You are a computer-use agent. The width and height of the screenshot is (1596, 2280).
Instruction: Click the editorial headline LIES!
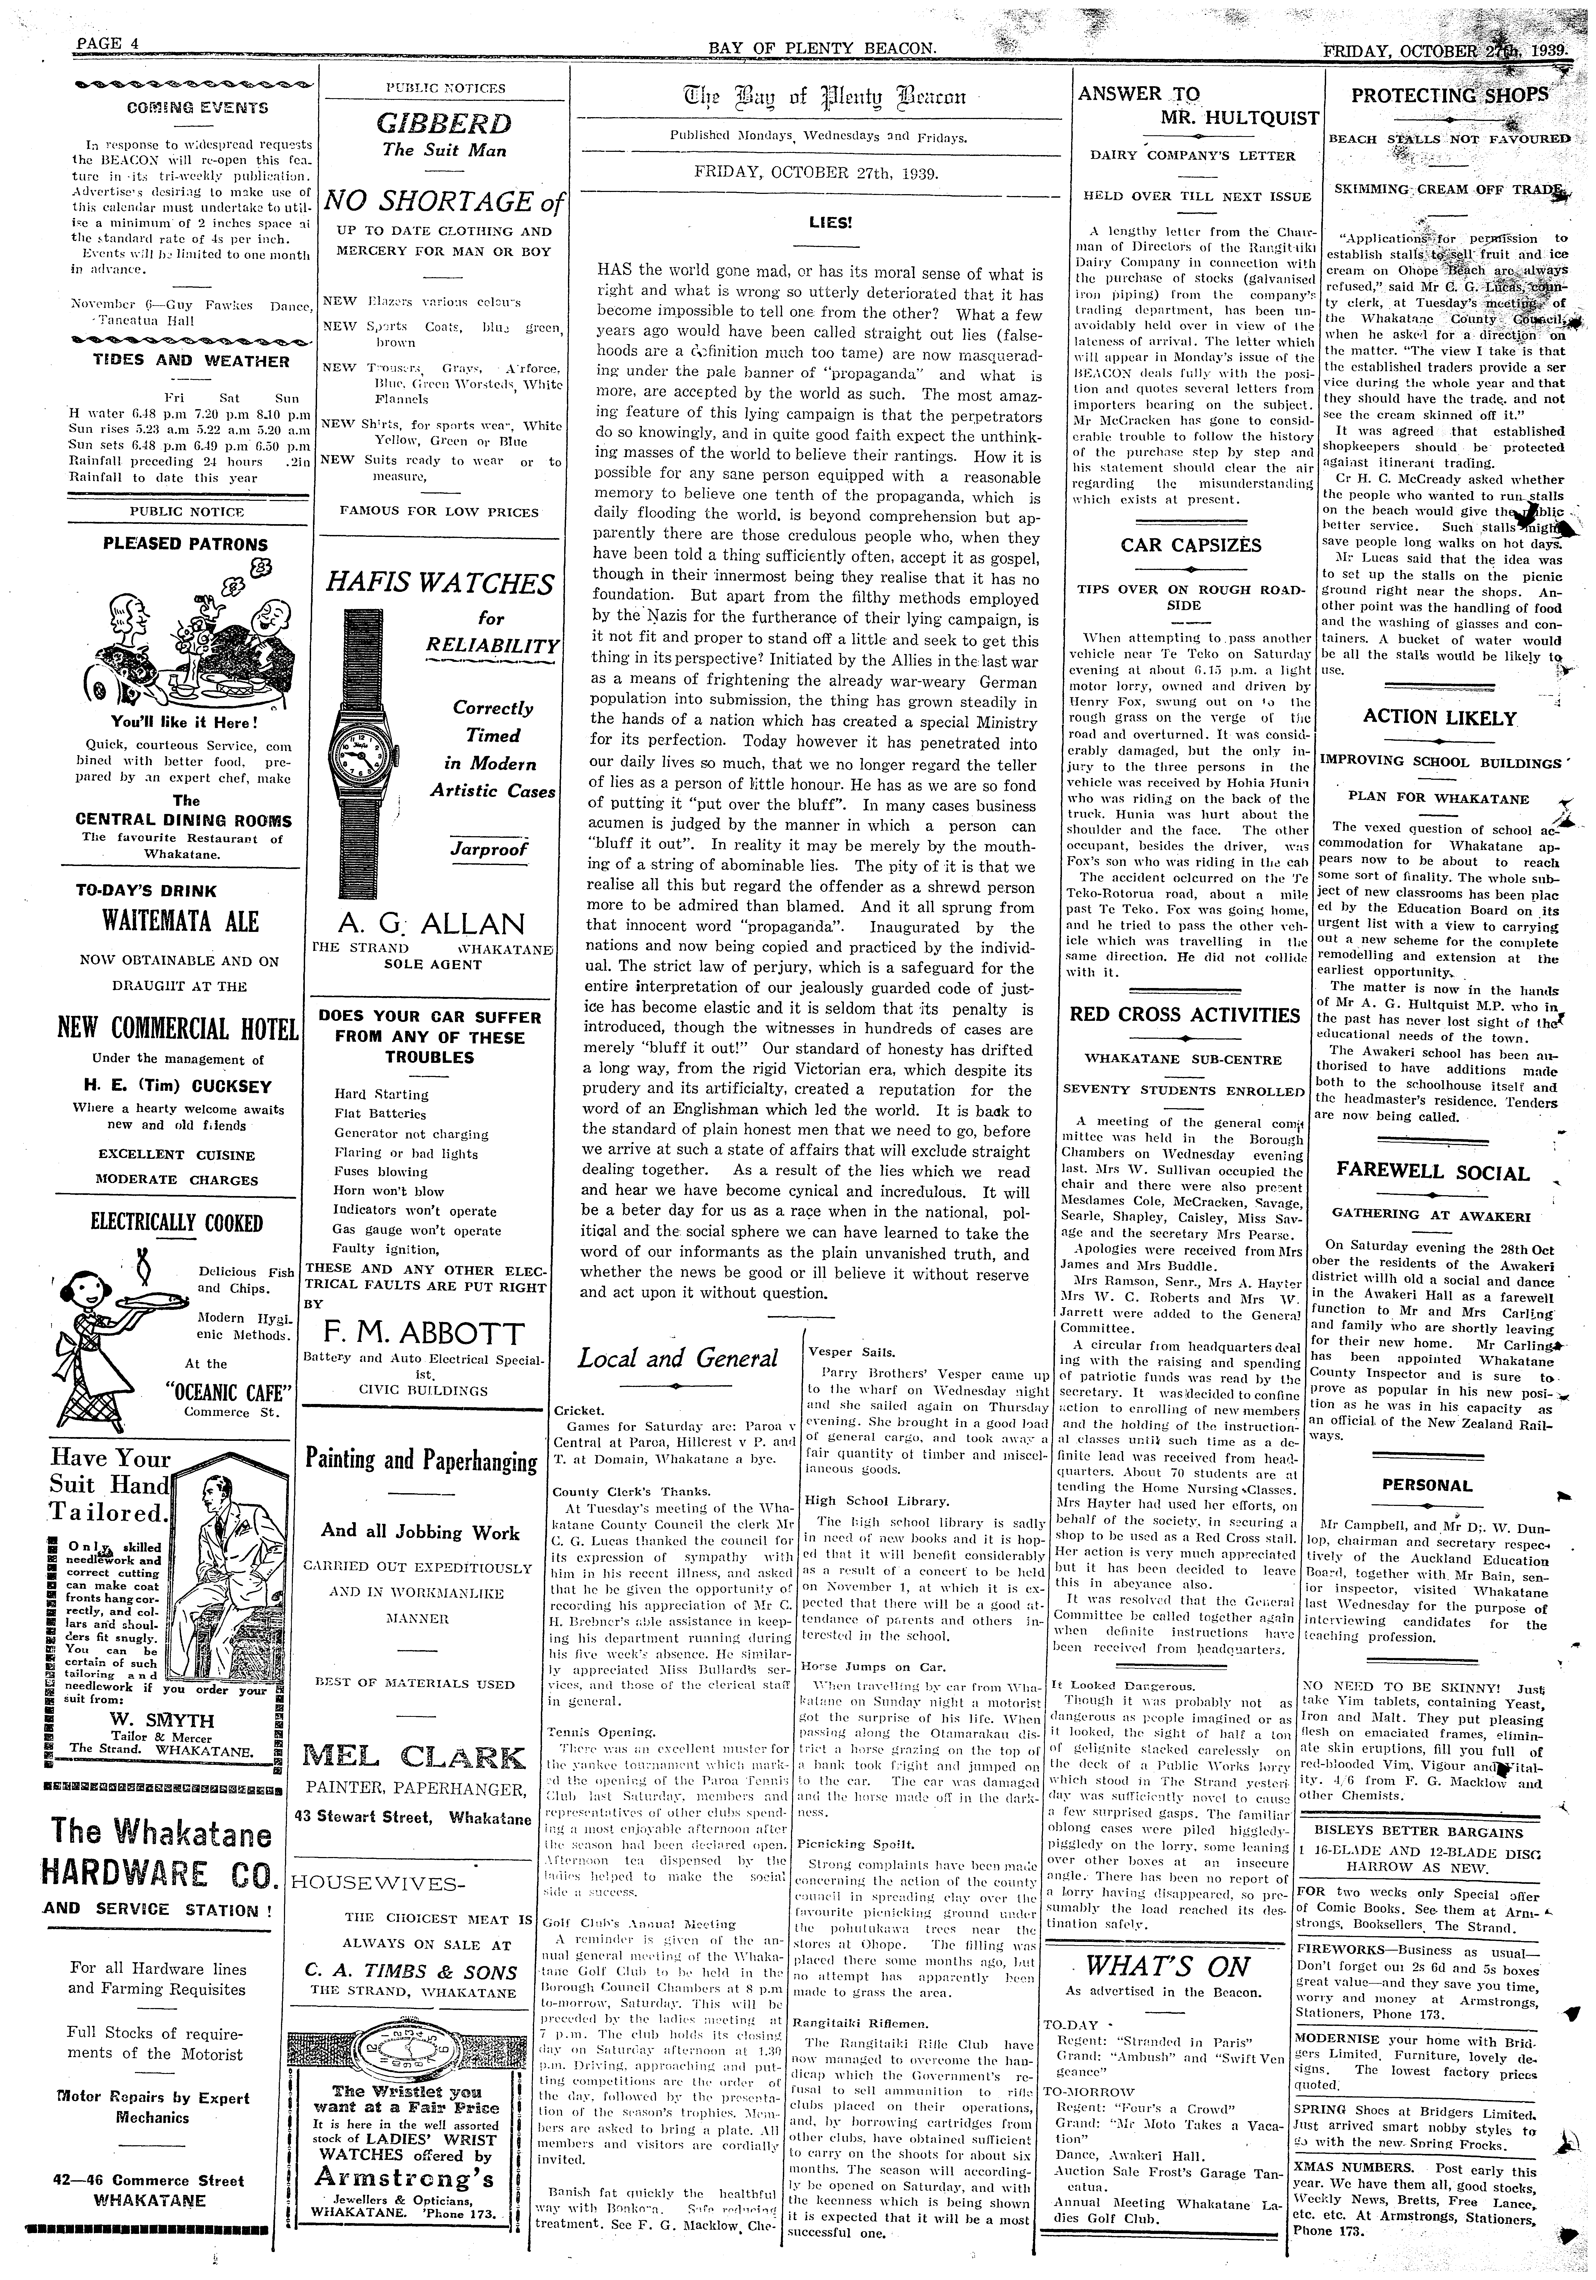(x=832, y=222)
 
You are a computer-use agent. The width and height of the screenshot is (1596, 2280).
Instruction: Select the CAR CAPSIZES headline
(x=1191, y=545)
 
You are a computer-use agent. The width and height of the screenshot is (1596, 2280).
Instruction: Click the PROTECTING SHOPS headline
(x=1449, y=95)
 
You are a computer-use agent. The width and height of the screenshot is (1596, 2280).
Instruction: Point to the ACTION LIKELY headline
(x=1439, y=718)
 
